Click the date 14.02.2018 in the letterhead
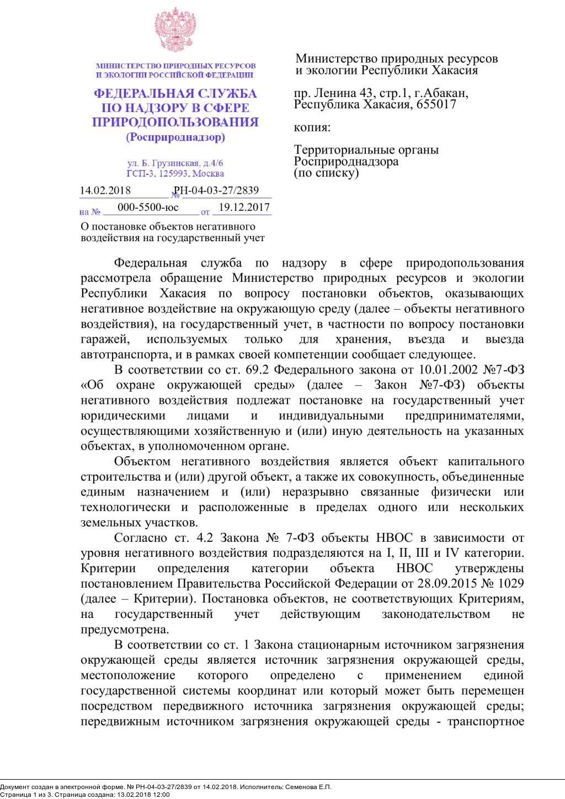click(x=105, y=191)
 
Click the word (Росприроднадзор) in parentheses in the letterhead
click(x=175, y=137)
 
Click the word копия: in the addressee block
click(x=312, y=127)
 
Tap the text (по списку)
click(x=327, y=173)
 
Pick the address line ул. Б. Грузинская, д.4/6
click(x=175, y=164)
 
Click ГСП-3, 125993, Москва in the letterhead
click(x=175, y=174)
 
